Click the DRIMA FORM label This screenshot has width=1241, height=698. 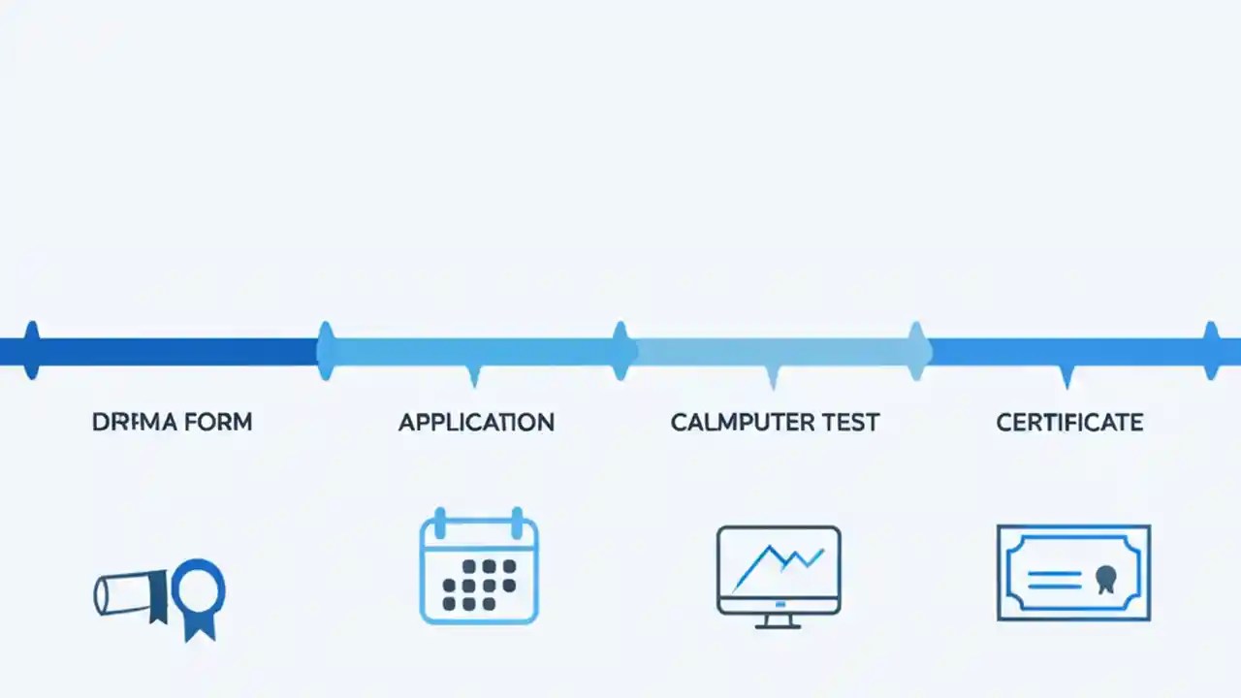pos(172,423)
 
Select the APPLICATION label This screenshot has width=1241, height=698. pos(476,423)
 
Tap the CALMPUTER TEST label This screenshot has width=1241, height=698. pos(775,423)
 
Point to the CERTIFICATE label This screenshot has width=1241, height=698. pos(1069,423)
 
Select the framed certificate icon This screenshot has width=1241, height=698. pos(1073,573)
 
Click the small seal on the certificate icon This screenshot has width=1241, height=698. pos(1103,580)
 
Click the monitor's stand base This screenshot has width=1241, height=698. pos(779,623)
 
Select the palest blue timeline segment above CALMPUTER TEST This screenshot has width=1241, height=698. pos(771,351)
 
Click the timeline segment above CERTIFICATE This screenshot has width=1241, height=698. pos(1066,351)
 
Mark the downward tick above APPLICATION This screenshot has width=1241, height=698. pos(473,376)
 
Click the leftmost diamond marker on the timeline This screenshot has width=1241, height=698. pos(32,350)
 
